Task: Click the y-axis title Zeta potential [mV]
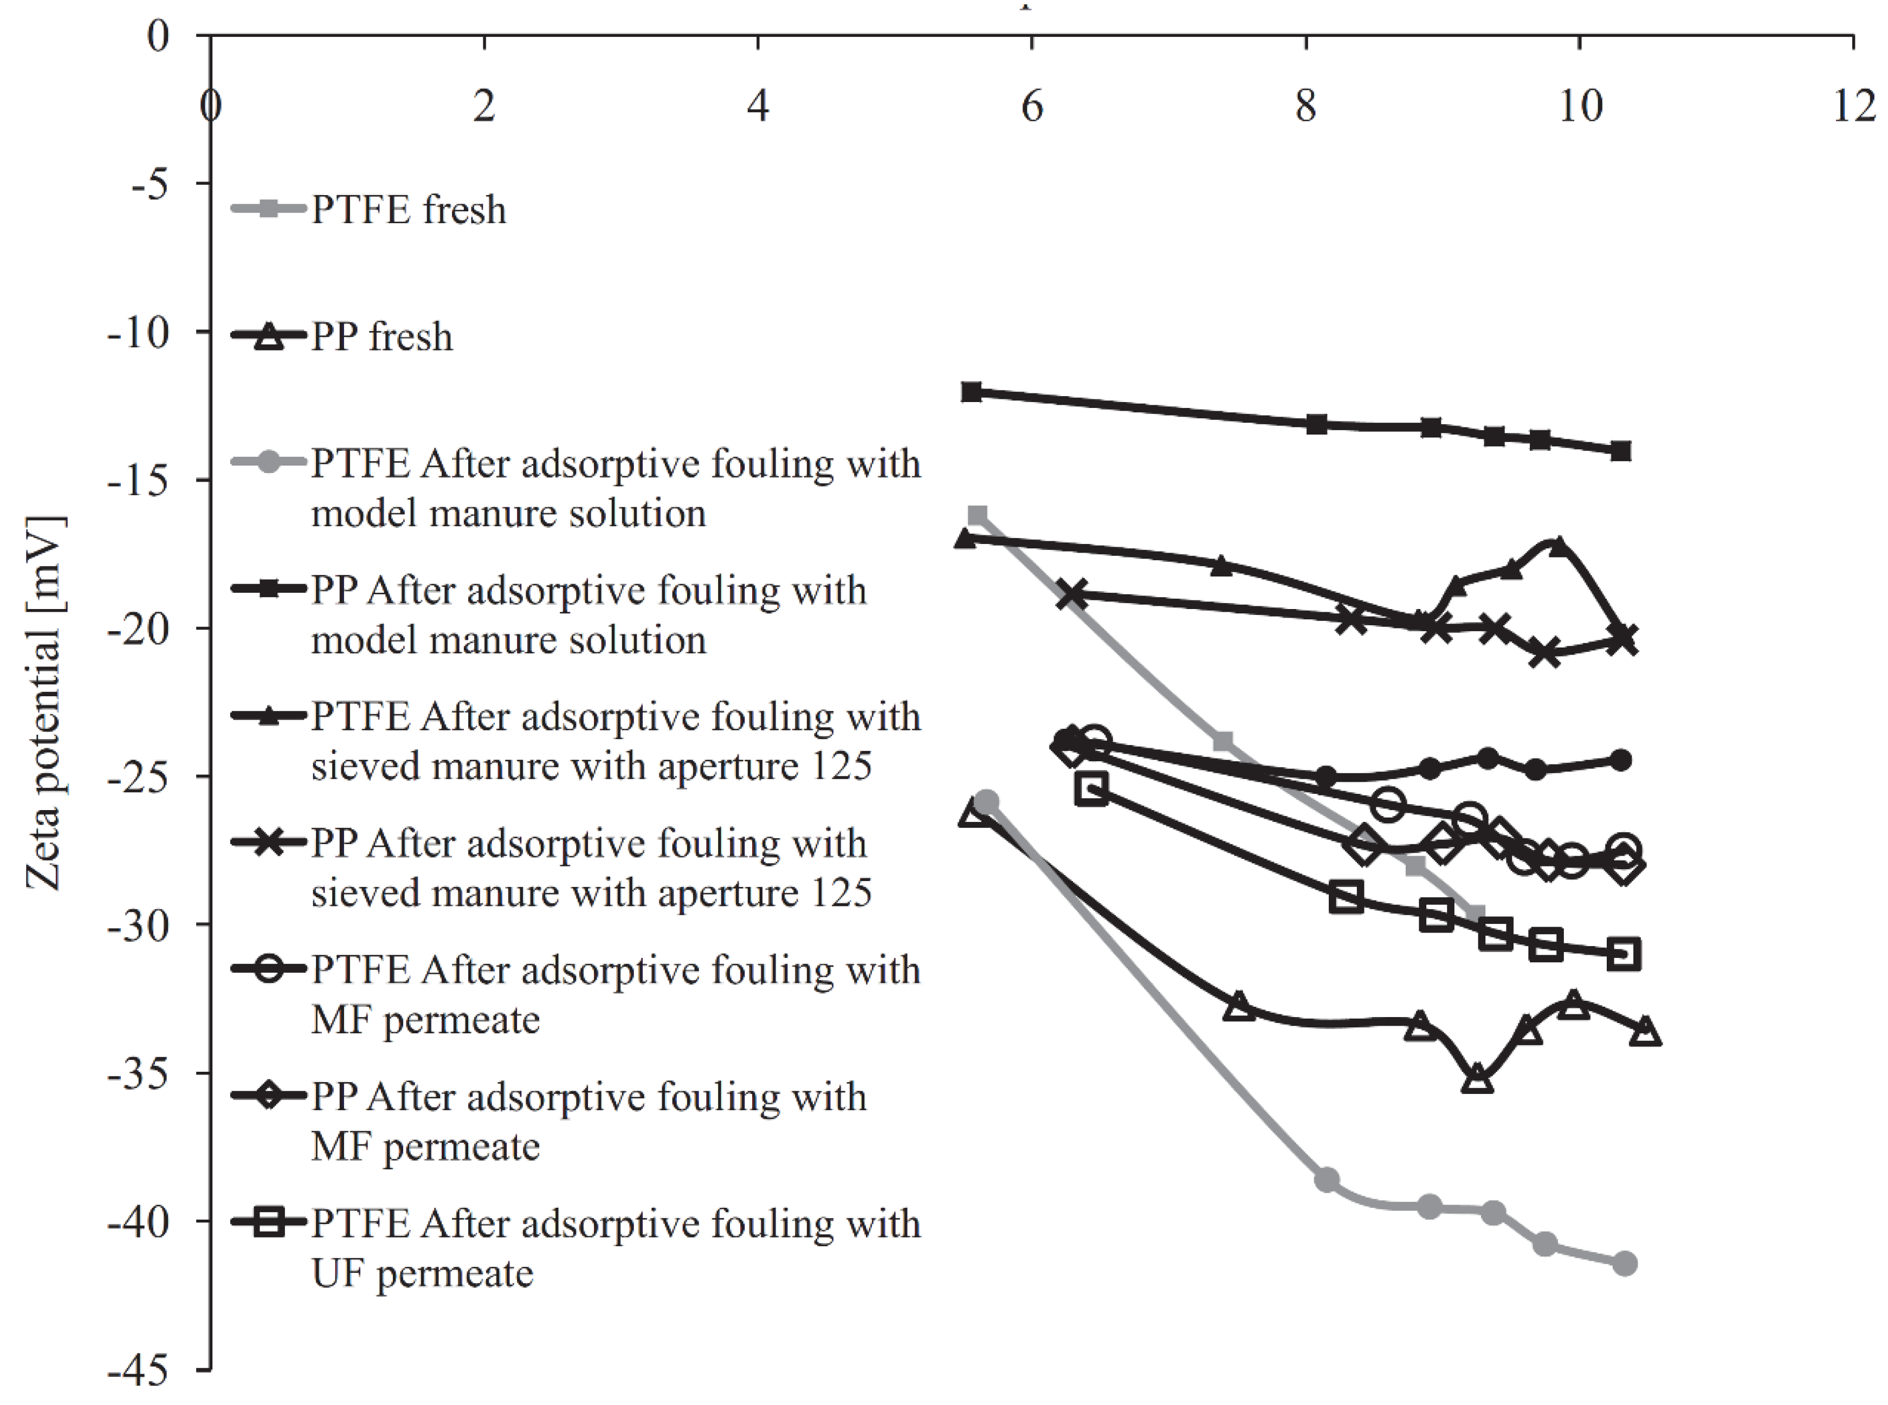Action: point(44,702)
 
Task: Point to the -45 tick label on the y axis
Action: point(138,1370)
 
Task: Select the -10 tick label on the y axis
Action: point(138,332)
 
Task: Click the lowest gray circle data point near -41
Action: point(1624,1264)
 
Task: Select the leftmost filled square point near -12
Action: point(972,392)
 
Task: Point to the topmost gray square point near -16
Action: point(977,515)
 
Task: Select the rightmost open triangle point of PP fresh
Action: point(1646,1032)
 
